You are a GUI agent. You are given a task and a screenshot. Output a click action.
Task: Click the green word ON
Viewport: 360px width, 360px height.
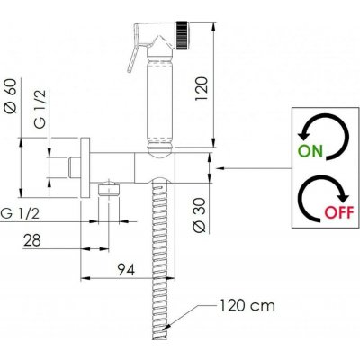310,151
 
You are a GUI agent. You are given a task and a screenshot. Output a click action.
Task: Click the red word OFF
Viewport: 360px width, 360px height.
339,212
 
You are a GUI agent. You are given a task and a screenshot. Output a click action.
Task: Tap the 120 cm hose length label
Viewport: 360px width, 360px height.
247,306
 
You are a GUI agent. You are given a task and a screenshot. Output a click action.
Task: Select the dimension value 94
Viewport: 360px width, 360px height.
126,269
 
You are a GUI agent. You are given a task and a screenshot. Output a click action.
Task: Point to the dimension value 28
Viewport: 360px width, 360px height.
32,240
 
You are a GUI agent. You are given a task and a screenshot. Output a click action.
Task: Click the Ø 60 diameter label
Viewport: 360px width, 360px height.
11,96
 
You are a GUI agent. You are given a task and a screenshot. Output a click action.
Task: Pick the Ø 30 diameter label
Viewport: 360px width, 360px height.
200,215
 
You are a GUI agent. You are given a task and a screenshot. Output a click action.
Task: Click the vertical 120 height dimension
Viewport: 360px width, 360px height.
202,89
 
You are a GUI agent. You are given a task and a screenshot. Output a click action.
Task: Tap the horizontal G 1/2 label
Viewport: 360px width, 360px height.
20,213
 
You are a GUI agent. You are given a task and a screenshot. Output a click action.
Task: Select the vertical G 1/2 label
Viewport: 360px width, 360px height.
40,110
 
